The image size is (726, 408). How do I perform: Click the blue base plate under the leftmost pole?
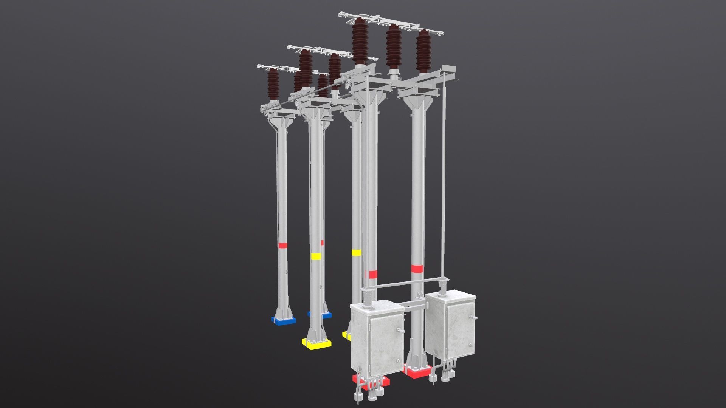coord(283,321)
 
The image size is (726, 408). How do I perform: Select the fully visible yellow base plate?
coord(316,344)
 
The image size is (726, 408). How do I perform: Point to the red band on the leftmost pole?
coord(282,245)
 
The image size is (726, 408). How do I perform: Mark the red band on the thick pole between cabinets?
coord(417,269)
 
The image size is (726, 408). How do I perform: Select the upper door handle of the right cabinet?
coord(471,317)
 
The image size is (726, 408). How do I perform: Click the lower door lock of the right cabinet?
coord(470,345)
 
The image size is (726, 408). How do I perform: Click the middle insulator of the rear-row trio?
coord(394,47)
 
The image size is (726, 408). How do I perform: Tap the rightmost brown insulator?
coord(423,52)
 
